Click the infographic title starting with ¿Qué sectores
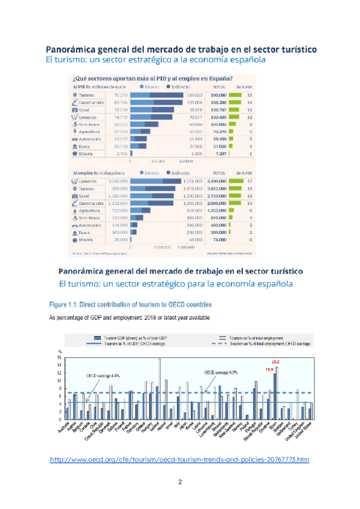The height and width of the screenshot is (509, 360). pos(153,78)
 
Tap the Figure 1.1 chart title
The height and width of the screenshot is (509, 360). pos(130,304)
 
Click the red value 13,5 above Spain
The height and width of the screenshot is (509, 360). pos(276,362)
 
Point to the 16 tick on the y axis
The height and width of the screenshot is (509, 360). pos(59,358)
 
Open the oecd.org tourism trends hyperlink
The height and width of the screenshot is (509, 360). pos(179,460)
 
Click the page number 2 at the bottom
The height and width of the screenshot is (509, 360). pos(179,482)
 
